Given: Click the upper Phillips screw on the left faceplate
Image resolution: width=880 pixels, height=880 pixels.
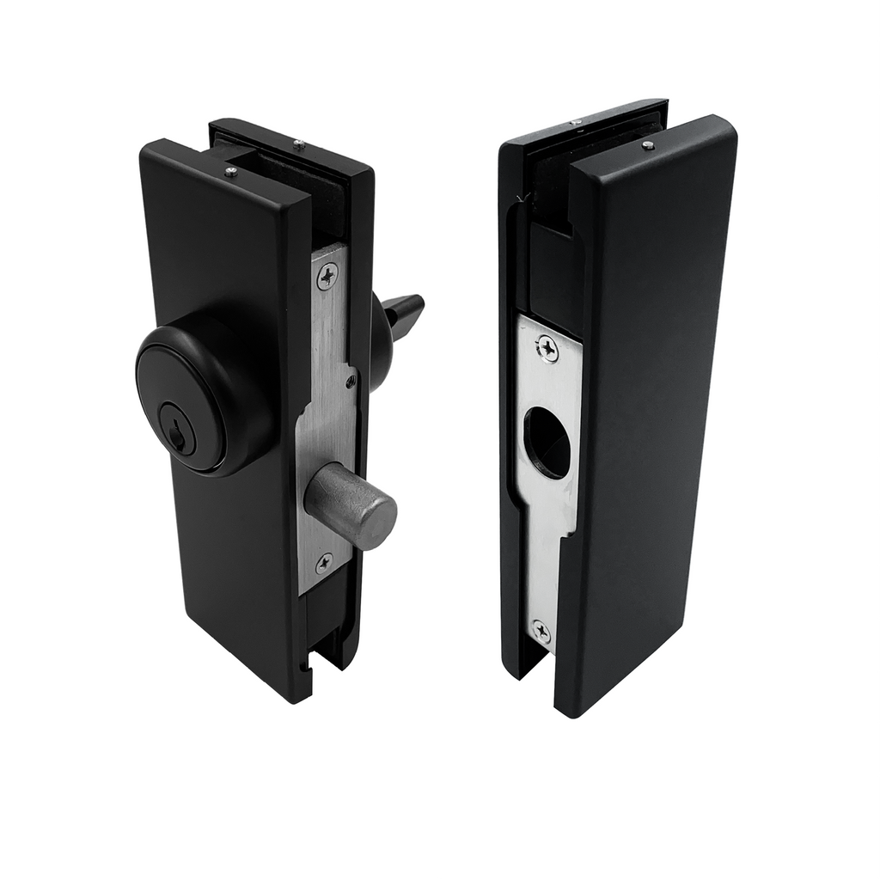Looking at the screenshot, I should (x=327, y=275).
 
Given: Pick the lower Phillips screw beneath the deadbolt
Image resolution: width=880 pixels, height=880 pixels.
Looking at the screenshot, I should (x=324, y=564).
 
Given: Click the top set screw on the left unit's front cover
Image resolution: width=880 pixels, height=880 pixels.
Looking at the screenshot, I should (x=230, y=173).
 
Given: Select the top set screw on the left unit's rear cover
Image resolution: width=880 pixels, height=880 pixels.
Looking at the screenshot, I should (x=298, y=145).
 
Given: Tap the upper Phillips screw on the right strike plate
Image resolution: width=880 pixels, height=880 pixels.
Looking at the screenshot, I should (x=547, y=347).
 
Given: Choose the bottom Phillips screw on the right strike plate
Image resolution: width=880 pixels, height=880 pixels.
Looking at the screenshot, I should (x=541, y=632).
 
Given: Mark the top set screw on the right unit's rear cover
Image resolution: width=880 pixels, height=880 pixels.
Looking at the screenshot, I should (x=577, y=121).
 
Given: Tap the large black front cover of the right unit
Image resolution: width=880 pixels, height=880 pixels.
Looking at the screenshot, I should (x=653, y=412).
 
